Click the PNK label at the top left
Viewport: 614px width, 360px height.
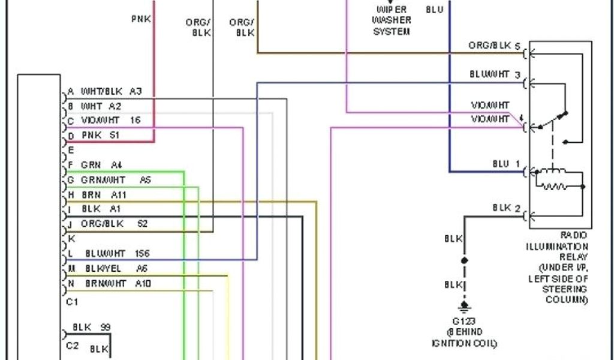(141, 19)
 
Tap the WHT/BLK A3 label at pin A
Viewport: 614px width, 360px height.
(111, 91)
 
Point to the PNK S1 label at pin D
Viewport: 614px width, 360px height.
(100, 136)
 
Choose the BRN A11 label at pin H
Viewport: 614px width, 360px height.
(103, 194)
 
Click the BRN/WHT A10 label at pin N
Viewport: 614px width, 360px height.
(113, 283)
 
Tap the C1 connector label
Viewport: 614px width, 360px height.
(72, 302)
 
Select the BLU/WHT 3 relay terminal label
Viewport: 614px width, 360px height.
(495, 75)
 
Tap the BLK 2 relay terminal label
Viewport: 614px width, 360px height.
(502, 208)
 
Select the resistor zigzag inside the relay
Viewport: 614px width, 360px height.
(555, 187)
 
